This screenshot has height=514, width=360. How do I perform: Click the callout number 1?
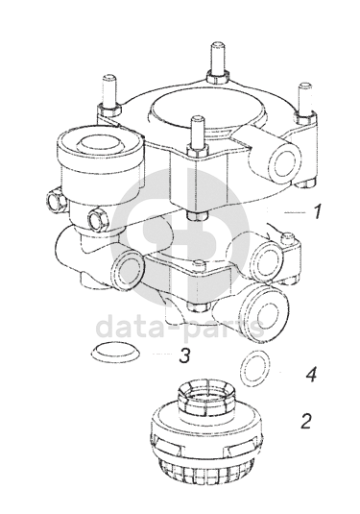(316, 211)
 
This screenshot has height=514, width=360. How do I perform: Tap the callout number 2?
(305, 421)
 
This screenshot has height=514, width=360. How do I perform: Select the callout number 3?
(184, 355)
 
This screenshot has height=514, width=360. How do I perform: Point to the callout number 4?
(311, 375)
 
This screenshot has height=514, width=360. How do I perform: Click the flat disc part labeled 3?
(115, 352)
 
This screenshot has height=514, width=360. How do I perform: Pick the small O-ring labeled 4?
(255, 368)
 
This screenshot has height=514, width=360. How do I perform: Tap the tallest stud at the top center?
(217, 62)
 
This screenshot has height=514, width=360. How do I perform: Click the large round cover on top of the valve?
(207, 113)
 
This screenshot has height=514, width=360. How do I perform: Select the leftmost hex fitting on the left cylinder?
(56, 199)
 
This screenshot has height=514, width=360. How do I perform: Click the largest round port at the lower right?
(265, 311)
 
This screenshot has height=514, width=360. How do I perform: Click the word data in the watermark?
(133, 327)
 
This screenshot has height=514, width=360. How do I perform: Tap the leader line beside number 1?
(295, 212)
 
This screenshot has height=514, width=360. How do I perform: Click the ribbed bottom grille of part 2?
(206, 471)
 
